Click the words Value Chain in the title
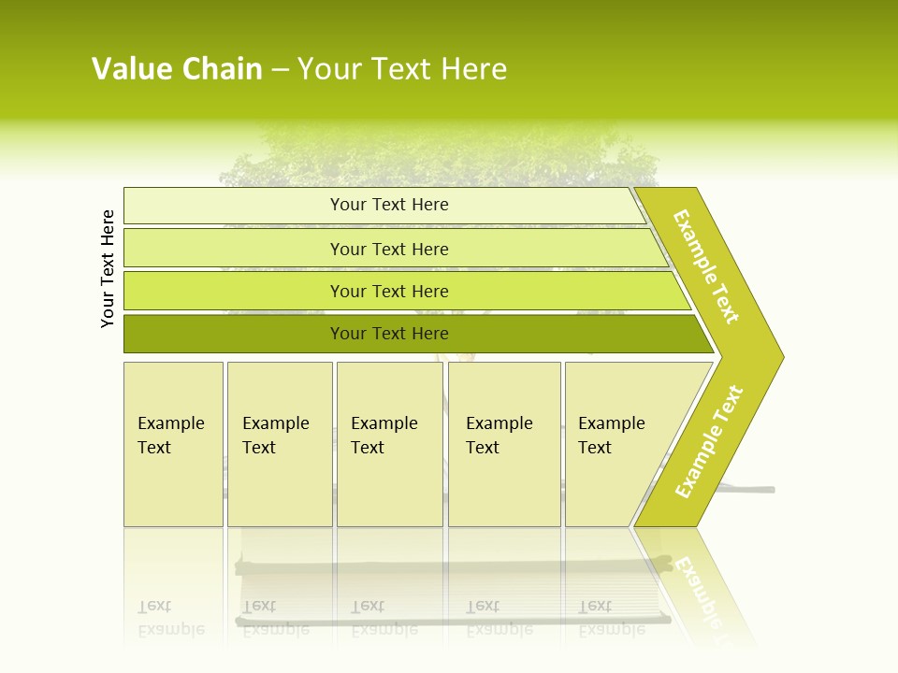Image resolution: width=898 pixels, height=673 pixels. (x=177, y=69)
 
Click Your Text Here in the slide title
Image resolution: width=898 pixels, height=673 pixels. (x=402, y=69)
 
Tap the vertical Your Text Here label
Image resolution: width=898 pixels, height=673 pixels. (x=108, y=268)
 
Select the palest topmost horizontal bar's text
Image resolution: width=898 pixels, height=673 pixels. (x=389, y=205)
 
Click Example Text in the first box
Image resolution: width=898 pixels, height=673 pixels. (x=170, y=436)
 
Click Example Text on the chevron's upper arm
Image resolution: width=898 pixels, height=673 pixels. (x=707, y=266)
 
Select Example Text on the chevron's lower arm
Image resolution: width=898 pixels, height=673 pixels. (x=709, y=442)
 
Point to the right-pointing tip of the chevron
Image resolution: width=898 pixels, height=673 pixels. (x=778, y=356)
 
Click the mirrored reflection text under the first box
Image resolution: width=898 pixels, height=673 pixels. (x=170, y=618)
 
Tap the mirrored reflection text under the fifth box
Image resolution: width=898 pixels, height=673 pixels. (x=611, y=618)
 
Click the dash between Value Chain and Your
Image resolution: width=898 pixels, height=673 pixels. (x=280, y=70)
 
